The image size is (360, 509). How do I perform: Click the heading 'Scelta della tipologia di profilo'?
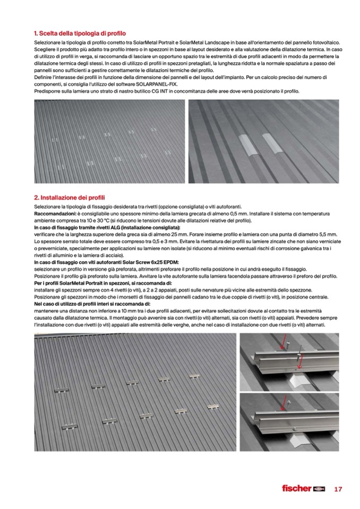79,33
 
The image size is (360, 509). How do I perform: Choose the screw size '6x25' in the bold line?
150,262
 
